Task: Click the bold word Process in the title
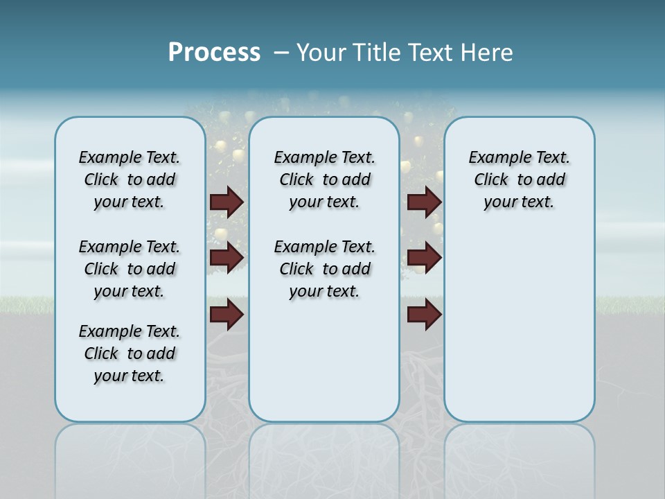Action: coord(214,53)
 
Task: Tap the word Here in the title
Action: coord(488,53)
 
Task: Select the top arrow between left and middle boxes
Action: coord(227,202)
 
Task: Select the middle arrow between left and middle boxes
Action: coord(227,258)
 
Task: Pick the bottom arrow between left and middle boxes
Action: coord(227,315)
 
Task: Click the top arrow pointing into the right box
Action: coord(424,202)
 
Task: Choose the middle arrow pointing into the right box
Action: coord(424,258)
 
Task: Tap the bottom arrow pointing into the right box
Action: coord(424,315)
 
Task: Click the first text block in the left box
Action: coord(130,180)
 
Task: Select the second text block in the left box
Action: coord(130,269)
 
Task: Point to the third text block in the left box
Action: coord(130,353)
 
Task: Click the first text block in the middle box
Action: coord(324,180)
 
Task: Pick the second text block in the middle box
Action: coord(324,269)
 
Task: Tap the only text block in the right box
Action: coord(520,180)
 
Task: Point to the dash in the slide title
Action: coord(281,53)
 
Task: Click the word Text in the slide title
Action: coord(431,53)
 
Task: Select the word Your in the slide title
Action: coord(321,53)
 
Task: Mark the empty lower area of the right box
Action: coord(520,333)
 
